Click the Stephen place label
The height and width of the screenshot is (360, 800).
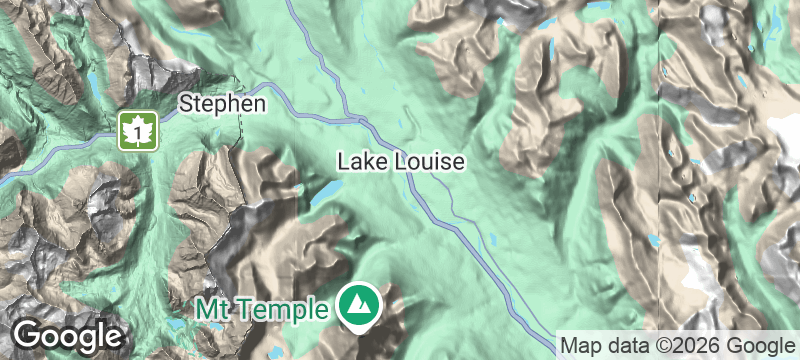coord(222,103)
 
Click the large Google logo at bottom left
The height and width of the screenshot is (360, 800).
coord(67,335)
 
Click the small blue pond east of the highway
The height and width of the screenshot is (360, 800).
coord(491,239)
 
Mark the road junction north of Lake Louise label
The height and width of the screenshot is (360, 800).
coord(361,119)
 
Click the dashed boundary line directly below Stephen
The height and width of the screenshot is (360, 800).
coord(241,130)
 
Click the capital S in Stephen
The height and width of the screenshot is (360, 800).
coord(186,103)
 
